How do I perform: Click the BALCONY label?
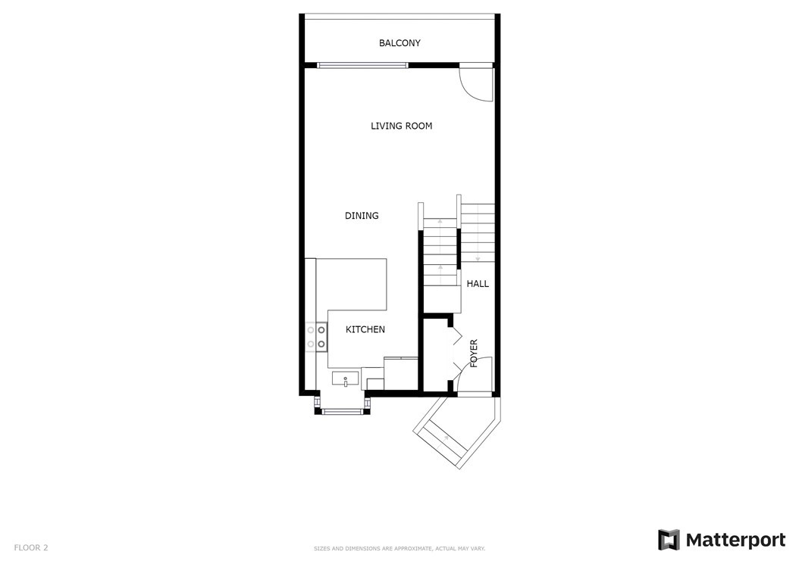point(399,43)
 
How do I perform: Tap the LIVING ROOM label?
point(401,126)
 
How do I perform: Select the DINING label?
point(362,216)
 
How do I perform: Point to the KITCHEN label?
point(365,329)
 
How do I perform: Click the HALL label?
point(478,284)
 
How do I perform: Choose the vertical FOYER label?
point(474,354)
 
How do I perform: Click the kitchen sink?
point(346,379)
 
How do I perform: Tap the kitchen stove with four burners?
point(316,337)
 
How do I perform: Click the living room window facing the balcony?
point(363,65)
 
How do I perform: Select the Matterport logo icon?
point(669,540)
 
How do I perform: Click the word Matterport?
point(735,540)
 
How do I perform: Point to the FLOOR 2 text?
point(31,547)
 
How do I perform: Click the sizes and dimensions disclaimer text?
point(399,549)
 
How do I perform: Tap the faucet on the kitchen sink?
point(346,382)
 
